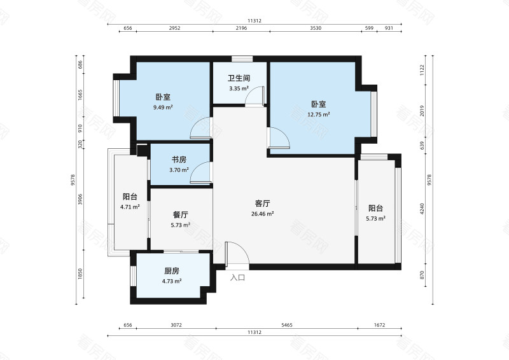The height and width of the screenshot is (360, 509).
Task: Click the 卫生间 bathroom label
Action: [x=239, y=78]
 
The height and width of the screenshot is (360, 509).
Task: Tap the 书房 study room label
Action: [x=179, y=160]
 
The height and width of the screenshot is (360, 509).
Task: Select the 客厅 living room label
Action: [x=262, y=204]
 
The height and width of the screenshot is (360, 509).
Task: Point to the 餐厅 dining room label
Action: [x=181, y=214]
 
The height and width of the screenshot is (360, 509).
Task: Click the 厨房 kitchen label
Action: [x=172, y=271]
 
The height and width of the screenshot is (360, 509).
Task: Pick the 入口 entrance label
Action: [x=237, y=277]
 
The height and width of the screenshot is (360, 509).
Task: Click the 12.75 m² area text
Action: [x=319, y=114]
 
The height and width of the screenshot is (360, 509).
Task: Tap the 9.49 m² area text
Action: [x=163, y=107]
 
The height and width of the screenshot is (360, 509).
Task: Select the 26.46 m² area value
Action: [x=262, y=214]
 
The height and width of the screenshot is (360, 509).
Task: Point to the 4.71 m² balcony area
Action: [x=130, y=207]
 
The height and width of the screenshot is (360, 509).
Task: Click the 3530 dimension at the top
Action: [x=316, y=28]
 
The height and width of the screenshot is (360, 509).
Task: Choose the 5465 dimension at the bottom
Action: [x=287, y=325]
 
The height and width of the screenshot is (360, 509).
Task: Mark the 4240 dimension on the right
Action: [x=422, y=209]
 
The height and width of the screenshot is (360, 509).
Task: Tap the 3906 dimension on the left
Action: [x=81, y=199]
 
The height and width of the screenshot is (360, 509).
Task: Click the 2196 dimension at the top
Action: [x=241, y=28]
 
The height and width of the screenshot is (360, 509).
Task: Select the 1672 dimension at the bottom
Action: [x=379, y=325]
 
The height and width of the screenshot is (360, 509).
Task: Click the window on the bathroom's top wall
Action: [x=242, y=59]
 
